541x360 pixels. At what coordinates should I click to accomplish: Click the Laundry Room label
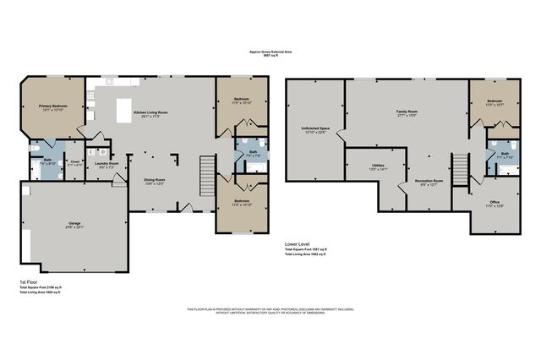[x=106, y=165]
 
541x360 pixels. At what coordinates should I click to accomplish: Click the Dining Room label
[x=153, y=180]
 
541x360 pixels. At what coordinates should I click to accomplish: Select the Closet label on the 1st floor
[x=74, y=163]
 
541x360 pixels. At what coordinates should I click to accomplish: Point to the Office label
[x=495, y=203]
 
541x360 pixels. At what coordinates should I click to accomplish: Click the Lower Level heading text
[x=298, y=243]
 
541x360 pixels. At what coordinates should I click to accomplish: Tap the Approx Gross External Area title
[x=270, y=52]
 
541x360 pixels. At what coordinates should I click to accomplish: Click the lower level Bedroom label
[x=495, y=103]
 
